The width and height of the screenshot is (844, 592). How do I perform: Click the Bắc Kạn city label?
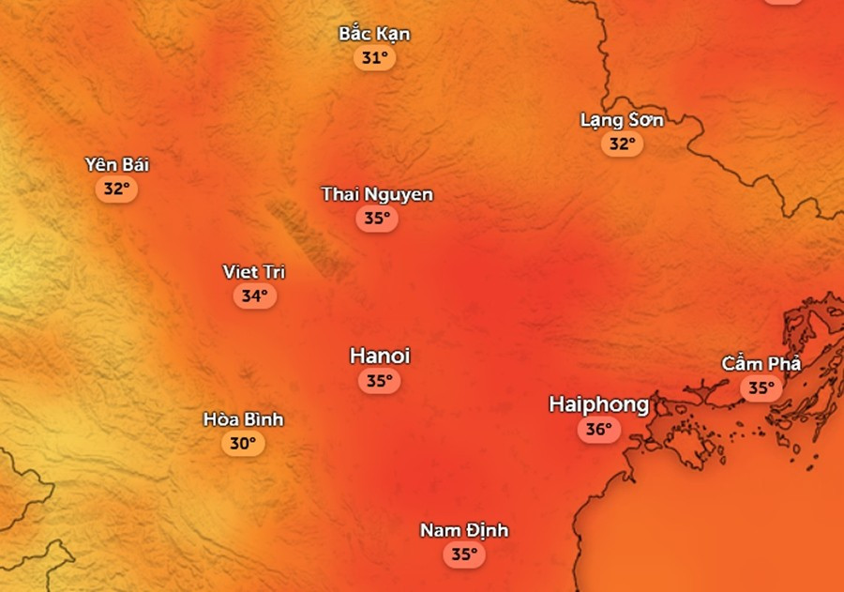click(x=374, y=34)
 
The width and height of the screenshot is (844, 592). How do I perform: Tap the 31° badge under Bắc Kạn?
click(x=374, y=58)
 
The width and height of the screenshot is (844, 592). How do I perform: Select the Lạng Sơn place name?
click(x=622, y=120)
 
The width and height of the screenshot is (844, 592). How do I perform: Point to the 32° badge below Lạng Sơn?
click(x=622, y=144)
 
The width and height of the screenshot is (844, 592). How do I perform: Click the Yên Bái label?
click(x=117, y=165)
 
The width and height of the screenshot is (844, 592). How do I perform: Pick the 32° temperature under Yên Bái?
click(x=116, y=189)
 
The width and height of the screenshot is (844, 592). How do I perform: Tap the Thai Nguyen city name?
click(x=377, y=194)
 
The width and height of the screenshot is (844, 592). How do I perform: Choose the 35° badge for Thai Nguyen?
click(x=377, y=219)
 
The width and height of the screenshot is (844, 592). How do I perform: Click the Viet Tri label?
click(x=254, y=272)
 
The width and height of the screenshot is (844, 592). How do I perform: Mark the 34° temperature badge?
click(x=254, y=296)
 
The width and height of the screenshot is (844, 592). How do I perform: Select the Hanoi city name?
click(x=380, y=356)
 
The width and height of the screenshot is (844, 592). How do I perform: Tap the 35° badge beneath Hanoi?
click(x=379, y=381)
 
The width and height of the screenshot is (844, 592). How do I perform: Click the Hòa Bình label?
click(x=243, y=419)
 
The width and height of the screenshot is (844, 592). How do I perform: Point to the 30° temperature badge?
click(x=243, y=444)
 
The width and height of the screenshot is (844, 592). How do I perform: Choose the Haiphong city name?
click(x=598, y=404)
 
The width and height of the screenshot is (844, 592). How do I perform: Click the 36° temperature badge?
click(x=598, y=431)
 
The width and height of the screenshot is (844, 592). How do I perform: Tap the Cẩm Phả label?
click(x=761, y=363)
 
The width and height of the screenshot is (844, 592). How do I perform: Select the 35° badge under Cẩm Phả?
click(x=761, y=387)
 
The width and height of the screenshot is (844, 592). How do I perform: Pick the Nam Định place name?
click(x=464, y=530)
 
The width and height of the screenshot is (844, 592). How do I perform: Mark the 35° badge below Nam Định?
click(x=464, y=554)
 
